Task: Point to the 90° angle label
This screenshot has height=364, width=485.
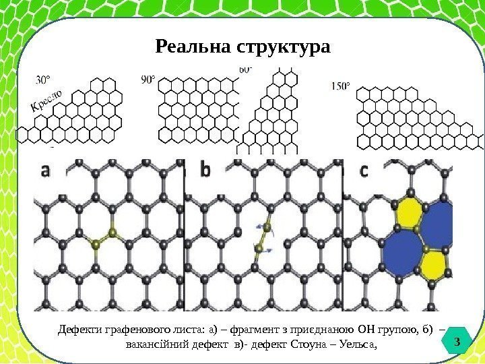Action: pyautogui.click(x=148, y=80)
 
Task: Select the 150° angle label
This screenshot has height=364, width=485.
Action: pyautogui.click(x=341, y=86)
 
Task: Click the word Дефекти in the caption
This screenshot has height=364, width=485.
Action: pyautogui.click(x=79, y=330)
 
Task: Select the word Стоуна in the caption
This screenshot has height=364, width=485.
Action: pyautogui.click(x=307, y=345)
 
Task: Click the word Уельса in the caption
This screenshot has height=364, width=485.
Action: pyautogui.click(x=352, y=345)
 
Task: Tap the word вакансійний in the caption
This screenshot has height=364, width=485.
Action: pyautogui.click(x=156, y=345)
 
